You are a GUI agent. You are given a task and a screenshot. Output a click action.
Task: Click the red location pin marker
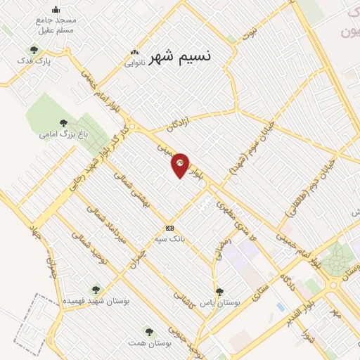pyautogui.click(x=181, y=165)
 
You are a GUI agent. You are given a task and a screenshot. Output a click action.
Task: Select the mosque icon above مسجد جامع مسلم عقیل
pyautogui.click(x=56, y=10)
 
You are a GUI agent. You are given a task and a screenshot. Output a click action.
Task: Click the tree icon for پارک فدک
pyautogui.click(x=34, y=49)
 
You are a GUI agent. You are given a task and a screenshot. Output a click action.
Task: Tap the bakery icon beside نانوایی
pyautogui.click(x=134, y=52)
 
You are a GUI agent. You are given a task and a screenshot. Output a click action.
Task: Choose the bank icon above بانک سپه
pyautogui.click(x=169, y=228)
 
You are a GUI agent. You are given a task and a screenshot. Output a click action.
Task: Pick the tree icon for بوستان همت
pyautogui.click(x=148, y=330)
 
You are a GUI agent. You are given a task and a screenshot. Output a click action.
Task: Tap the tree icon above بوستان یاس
pyautogui.click(x=219, y=291)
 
